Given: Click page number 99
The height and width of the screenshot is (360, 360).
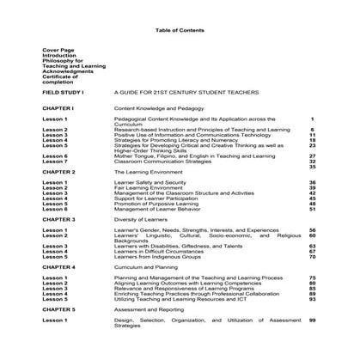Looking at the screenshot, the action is tap(312, 319).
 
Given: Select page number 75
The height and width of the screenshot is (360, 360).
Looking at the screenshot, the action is tap(312, 277).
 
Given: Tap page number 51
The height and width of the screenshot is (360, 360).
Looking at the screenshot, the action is tap(312, 209).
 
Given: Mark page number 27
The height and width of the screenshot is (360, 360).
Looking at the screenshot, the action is tap(312, 156).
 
